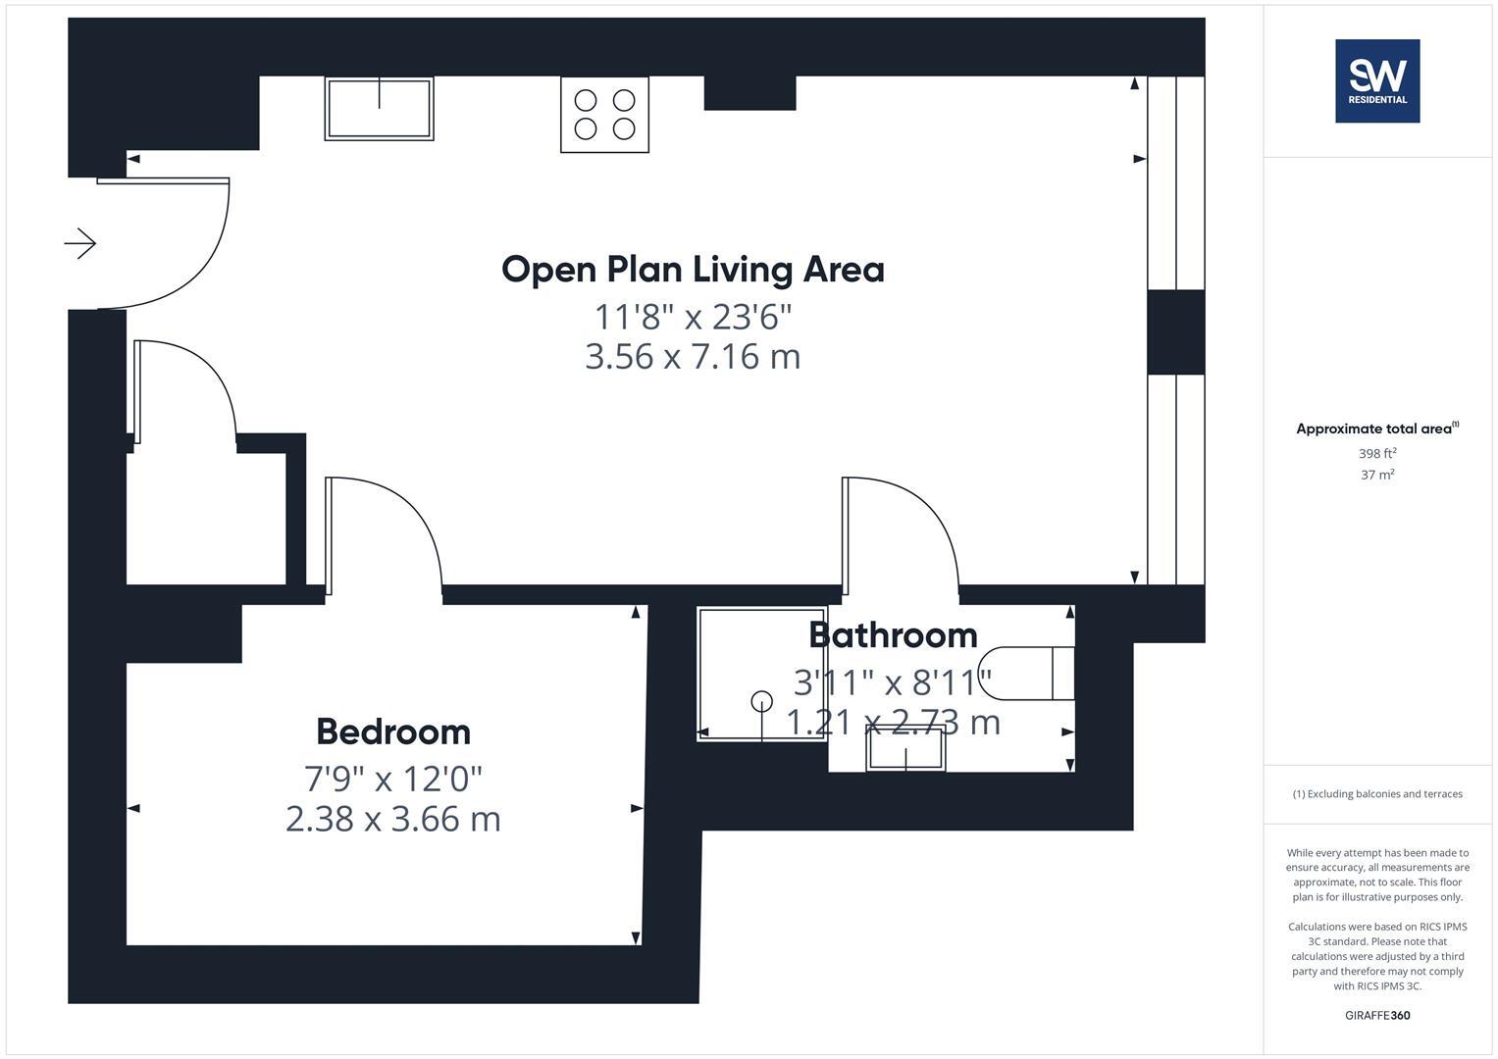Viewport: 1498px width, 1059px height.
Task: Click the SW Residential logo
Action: [x=1377, y=80]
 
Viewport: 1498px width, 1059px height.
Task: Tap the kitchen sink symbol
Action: [x=379, y=109]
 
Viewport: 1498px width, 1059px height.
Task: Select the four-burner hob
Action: [x=604, y=115]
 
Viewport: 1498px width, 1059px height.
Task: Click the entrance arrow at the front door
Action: [x=80, y=242]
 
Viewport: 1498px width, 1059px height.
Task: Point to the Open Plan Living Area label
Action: [x=693, y=270]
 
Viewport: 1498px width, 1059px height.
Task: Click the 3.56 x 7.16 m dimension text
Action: [x=693, y=356]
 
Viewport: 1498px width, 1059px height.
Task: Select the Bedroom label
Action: [x=393, y=731]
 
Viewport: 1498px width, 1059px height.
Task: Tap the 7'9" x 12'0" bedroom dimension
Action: [x=393, y=779]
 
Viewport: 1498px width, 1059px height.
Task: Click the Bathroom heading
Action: [x=893, y=635]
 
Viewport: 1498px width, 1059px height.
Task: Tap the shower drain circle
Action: [x=761, y=701]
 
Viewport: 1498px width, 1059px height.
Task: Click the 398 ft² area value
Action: [x=1377, y=453]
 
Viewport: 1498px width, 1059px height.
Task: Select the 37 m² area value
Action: [x=1377, y=475]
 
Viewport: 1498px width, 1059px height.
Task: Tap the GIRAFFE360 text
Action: [x=1377, y=1015]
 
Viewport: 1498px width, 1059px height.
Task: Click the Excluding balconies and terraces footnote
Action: [x=1377, y=794]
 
